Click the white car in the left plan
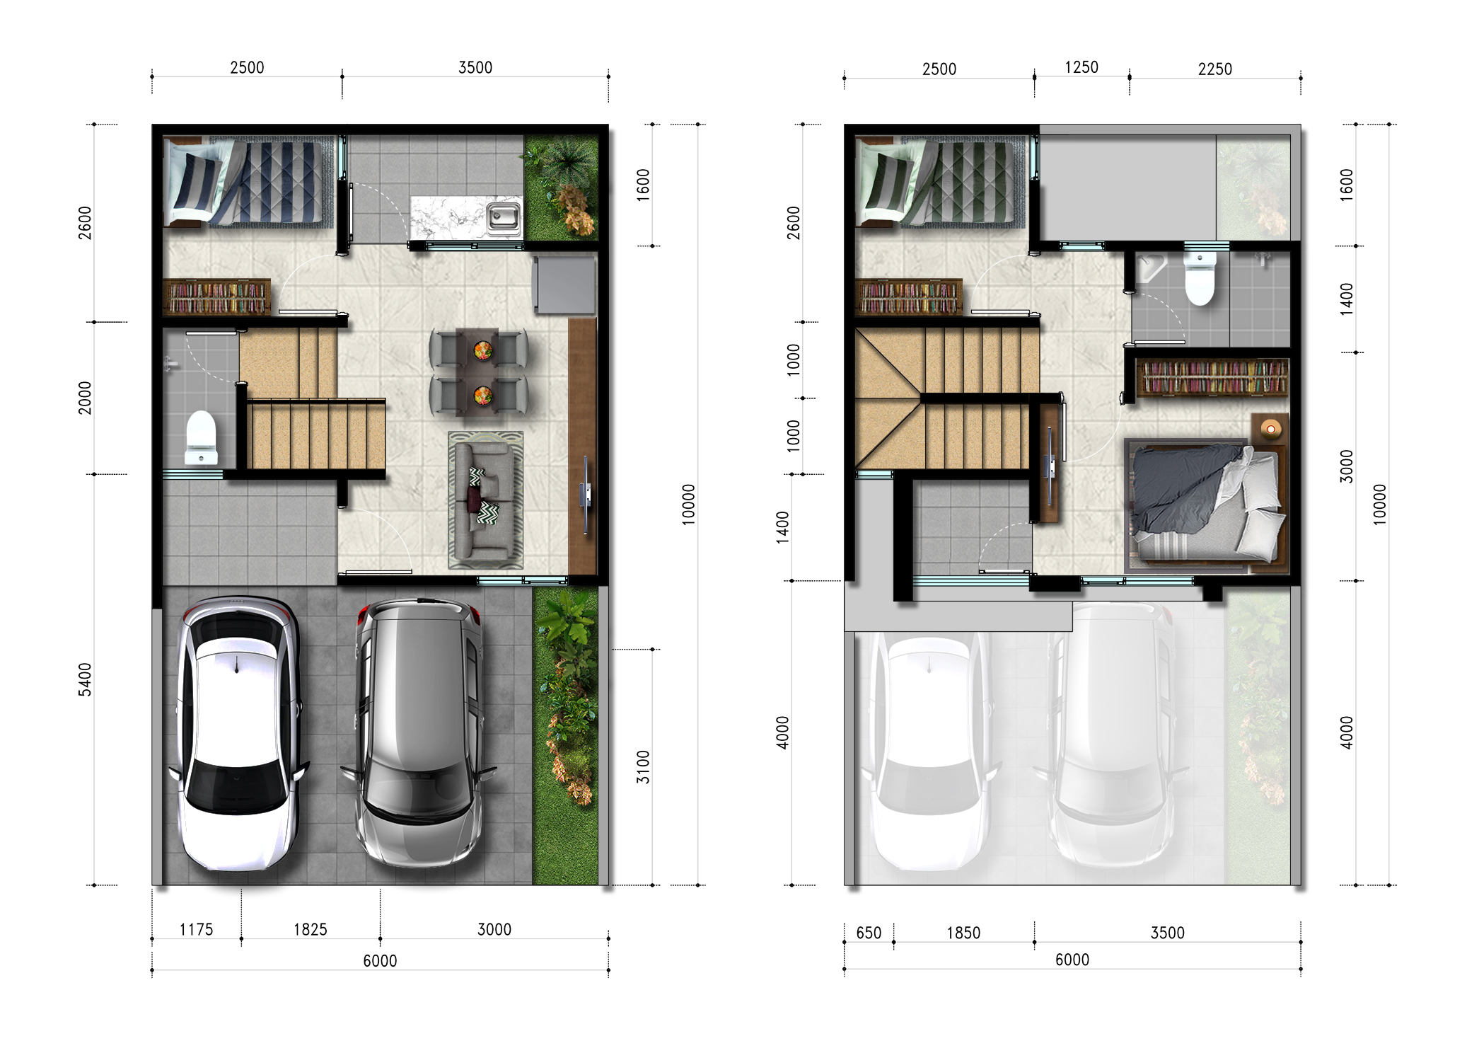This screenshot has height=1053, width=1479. pyautogui.click(x=237, y=734)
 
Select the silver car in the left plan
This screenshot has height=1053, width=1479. pyautogui.click(x=419, y=732)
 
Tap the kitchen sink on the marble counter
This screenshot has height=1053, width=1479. pyautogui.click(x=503, y=217)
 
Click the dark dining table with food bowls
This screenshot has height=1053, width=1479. pyautogui.click(x=482, y=371)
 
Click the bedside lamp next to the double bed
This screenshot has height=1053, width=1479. pyautogui.click(x=1271, y=429)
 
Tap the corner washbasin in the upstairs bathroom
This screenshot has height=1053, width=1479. pyautogui.click(x=1150, y=267)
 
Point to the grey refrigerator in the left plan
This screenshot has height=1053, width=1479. pyautogui.click(x=565, y=284)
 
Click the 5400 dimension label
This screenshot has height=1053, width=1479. pyautogui.click(x=85, y=679)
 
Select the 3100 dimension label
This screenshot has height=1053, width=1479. pyautogui.click(x=642, y=767)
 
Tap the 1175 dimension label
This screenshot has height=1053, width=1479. pyautogui.click(x=196, y=929)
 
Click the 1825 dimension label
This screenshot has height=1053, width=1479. pyautogui.click(x=311, y=929)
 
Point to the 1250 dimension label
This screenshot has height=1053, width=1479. pyautogui.click(x=1081, y=67)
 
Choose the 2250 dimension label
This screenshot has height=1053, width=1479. pyautogui.click(x=1215, y=69)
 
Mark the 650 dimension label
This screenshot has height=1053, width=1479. pyautogui.click(x=869, y=933)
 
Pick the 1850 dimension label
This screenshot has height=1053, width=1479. pyautogui.click(x=963, y=933)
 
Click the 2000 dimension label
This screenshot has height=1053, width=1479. pyautogui.click(x=85, y=398)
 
